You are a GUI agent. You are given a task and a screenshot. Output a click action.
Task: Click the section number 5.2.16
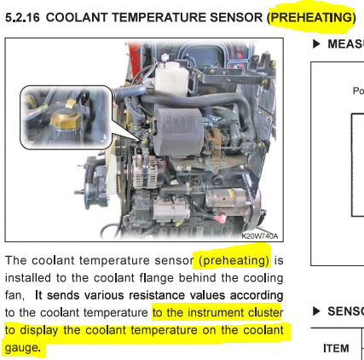[22, 18]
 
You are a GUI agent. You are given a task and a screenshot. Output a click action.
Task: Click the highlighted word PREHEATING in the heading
[312, 18]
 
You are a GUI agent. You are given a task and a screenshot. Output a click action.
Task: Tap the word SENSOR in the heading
[236, 18]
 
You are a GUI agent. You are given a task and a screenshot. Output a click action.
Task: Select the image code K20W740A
[260, 235]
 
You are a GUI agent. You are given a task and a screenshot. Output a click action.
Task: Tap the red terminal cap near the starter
[220, 218]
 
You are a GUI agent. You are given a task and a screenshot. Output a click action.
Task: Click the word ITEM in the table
[336, 348]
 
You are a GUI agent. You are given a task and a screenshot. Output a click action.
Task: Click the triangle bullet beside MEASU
[316, 44]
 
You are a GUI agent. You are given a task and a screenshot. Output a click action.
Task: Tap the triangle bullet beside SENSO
[316, 311]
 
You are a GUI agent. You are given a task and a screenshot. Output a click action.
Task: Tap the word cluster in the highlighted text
[266, 312]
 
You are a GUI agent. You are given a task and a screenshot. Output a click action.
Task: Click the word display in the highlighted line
[39, 331]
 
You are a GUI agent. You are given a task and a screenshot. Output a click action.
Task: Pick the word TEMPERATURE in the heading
[159, 18]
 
